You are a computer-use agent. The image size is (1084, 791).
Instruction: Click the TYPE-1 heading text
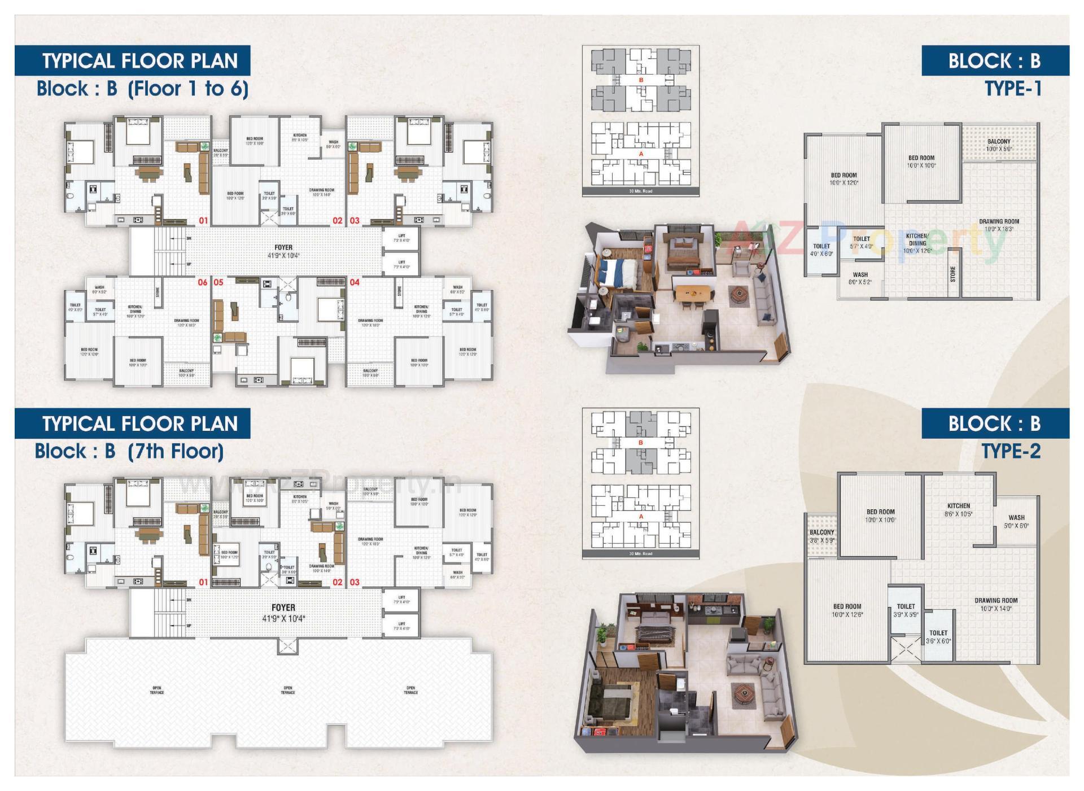click(x=1013, y=89)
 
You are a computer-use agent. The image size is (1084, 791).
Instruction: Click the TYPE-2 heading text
click(x=1011, y=451)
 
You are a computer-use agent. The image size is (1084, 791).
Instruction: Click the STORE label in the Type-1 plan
click(x=953, y=274)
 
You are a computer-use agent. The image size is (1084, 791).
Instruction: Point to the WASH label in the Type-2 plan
click(x=1016, y=521)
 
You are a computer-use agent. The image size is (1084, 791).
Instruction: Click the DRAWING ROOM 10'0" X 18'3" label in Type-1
click(x=999, y=225)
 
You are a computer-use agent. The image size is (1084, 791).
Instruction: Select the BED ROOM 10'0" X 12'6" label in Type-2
click(x=847, y=610)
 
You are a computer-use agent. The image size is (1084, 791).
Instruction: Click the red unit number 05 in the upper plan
click(x=218, y=282)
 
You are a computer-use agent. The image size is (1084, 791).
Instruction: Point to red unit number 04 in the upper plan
click(x=355, y=282)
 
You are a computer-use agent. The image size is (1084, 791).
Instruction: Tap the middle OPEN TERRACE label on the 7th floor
click(x=288, y=690)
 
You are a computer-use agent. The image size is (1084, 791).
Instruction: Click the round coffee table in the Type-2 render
click(x=743, y=693)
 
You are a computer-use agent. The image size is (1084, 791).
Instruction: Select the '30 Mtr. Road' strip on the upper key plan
click(x=640, y=191)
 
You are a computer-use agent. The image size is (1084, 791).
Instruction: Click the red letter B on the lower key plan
click(x=640, y=443)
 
